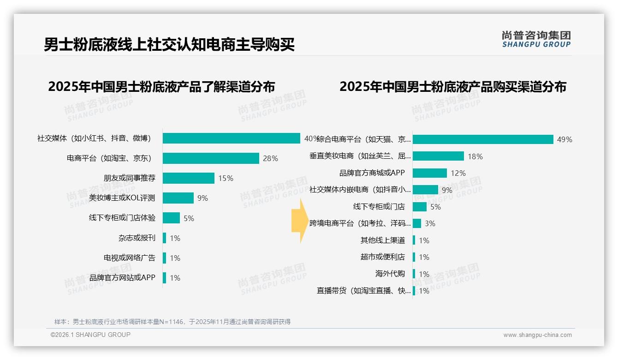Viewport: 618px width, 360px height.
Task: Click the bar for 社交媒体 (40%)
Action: pyautogui.click(x=232, y=138)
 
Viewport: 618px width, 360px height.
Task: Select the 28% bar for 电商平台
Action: pyautogui.click(x=211, y=158)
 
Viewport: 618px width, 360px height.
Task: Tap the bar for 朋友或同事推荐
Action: pyautogui.click(x=189, y=178)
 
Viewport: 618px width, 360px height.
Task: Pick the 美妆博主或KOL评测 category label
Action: pyautogui.click(x=122, y=198)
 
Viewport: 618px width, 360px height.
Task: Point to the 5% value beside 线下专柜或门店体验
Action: pyautogui.click(x=189, y=218)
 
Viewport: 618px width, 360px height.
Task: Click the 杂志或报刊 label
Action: pyautogui.click(x=137, y=238)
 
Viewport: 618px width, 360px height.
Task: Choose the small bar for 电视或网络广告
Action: pyautogui.click(x=165, y=258)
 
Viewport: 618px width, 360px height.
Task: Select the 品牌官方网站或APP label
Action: pyautogui.click(x=122, y=278)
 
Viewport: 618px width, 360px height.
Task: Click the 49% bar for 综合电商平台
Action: pyautogui.click(x=483, y=139)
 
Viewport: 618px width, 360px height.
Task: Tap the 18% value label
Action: pyautogui.click(x=475, y=156)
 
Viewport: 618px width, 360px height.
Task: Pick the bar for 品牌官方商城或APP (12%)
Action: pyautogui.click(x=430, y=173)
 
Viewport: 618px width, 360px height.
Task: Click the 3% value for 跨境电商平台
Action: pyautogui.click(x=430, y=224)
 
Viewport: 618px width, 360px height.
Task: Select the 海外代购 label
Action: pyautogui.click(x=390, y=274)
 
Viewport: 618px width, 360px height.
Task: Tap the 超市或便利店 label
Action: pyautogui.click(x=383, y=257)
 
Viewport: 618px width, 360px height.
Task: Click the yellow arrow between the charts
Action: pyautogui.click(x=297, y=221)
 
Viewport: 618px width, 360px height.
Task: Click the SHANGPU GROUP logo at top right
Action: pyautogui.click(x=536, y=39)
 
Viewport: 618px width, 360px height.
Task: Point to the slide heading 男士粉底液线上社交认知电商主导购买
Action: pyautogui.click(x=169, y=45)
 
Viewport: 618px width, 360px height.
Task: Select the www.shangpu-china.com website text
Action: pyautogui.click(x=537, y=335)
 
